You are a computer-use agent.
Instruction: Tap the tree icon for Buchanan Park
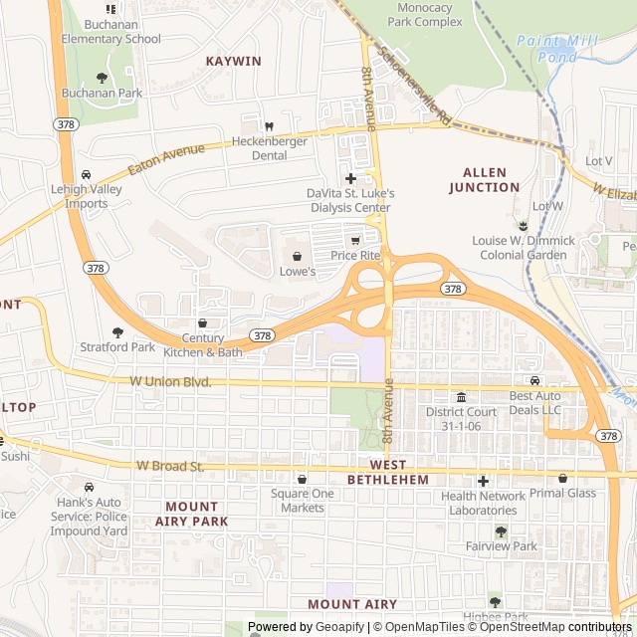point(101,77)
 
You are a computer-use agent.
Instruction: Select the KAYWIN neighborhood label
point(233,61)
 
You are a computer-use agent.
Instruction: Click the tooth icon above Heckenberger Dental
point(267,125)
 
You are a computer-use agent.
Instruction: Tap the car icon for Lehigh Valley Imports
point(87,174)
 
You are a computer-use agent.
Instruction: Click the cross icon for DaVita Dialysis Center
point(350,177)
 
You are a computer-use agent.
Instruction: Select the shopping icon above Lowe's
point(297,256)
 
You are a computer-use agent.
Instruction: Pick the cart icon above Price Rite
point(355,240)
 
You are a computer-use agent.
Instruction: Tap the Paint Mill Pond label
point(546,49)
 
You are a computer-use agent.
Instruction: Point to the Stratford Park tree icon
point(117,332)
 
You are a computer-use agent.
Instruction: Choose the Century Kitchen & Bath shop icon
point(203,322)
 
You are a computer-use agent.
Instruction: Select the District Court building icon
point(461,397)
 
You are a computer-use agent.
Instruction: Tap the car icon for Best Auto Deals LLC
point(534,381)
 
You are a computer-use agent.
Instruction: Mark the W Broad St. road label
point(170,465)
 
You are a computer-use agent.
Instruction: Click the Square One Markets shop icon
point(303,479)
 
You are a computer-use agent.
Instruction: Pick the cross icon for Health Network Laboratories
point(484,481)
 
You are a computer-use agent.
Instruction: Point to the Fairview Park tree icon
point(501,531)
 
